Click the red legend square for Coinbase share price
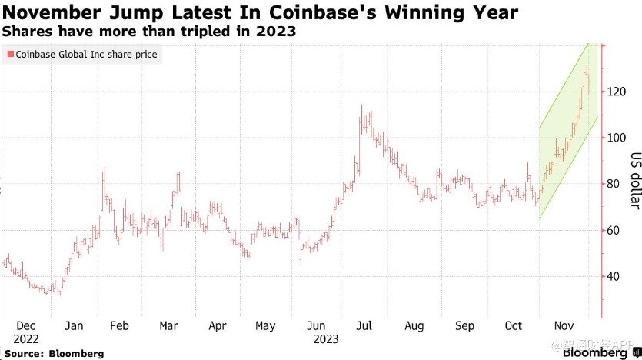[x=10, y=55]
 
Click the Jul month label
[x=364, y=326]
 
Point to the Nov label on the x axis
[x=565, y=326]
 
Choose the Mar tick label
[x=168, y=326]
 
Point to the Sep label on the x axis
[x=464, y=326]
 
